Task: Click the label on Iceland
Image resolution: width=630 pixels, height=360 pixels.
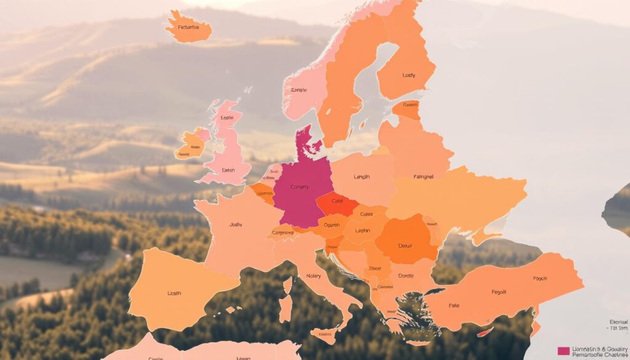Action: click(188, 27)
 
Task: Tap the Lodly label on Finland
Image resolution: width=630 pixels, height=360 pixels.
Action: click(409, 75)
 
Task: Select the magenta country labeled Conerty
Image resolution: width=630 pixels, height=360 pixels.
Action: click(300, 188)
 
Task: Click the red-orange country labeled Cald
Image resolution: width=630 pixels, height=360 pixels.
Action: click(337, 201)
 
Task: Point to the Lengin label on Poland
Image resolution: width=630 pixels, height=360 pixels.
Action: click(362, 177)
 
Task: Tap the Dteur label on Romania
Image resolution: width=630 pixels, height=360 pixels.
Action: click(404, 245)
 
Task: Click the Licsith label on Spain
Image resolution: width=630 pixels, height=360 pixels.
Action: click(174, 294)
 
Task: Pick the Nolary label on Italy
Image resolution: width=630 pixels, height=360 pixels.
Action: click(313, 276)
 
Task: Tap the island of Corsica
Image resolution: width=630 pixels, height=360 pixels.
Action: click(287, 285)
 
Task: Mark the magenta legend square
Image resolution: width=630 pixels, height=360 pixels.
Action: click(563, 351)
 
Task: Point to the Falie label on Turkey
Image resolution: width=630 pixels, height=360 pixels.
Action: click(454, 306)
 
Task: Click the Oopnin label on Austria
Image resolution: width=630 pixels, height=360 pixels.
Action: click(332, 225)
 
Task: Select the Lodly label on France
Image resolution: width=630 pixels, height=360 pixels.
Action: click(236, 225)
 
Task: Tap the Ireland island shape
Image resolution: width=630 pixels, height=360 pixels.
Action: click(190, 145)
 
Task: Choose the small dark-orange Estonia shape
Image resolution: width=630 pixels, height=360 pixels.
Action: click(407, 110)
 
